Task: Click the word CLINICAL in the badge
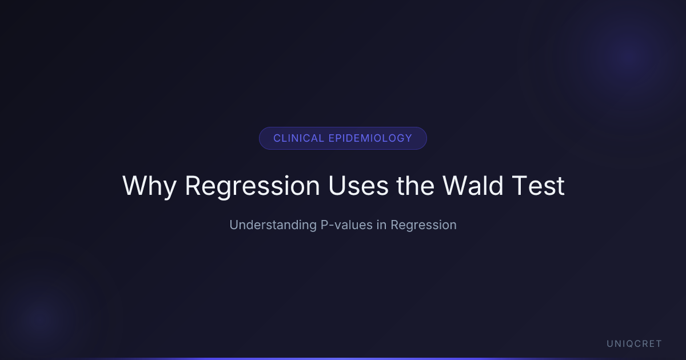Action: point(298,138)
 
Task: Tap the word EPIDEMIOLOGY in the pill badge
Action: point(370,138)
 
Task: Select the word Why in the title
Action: point(149,186)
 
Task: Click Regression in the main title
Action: point(252,186)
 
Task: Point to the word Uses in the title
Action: point(358,186)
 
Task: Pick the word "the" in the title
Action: point(415,185)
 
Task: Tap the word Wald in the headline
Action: point(473,185)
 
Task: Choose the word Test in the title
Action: point(538,186)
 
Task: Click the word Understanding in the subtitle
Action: point(273,225)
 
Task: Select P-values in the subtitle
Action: point(346,225)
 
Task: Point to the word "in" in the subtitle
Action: point(382,225)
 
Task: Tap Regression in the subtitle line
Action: point(424,225)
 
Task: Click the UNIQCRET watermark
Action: point(634,344)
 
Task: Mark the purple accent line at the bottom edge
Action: point(343,359)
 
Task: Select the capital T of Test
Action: point(520,186)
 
